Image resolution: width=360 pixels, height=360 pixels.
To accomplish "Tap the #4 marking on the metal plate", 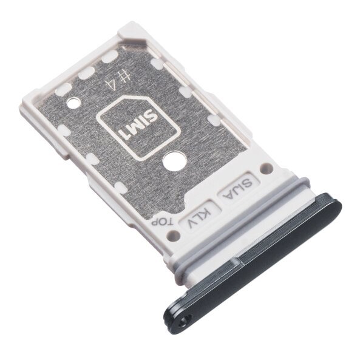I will tap(122, 77).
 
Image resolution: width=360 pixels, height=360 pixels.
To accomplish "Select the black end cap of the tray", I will tap(255, 255).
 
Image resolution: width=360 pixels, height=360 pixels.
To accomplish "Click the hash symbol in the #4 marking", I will tap(127, 75).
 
